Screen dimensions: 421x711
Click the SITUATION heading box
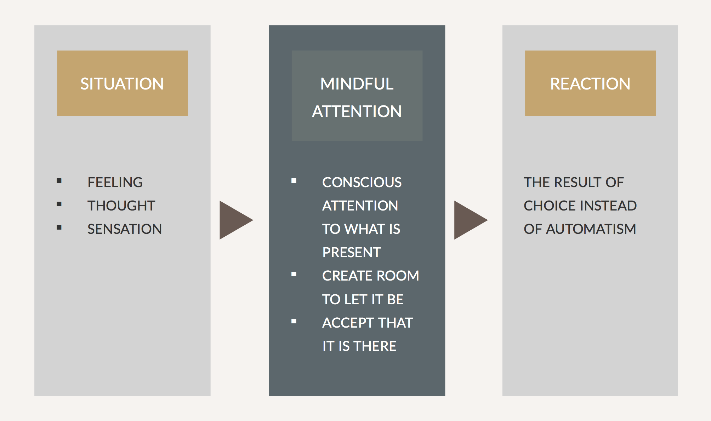tap(122, 83)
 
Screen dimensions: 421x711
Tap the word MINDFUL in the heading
tap(357, 84)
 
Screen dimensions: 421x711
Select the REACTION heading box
tap(590, 83)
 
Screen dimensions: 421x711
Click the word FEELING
tap(115, 182)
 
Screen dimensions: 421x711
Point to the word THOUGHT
tap(121, 206)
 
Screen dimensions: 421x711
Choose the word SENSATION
tap(125, 229)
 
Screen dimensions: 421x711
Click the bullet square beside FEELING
tap(59, 181)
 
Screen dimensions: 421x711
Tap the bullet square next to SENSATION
tap(59, 227)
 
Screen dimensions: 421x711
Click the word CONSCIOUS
tap(362, 182)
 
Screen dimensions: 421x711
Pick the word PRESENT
tap(351, 252)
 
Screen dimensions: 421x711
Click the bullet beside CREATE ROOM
tap(294, 274)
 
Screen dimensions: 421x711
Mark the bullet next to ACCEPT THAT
tap(294, 321)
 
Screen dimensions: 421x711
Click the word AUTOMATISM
tap(591, 229)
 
